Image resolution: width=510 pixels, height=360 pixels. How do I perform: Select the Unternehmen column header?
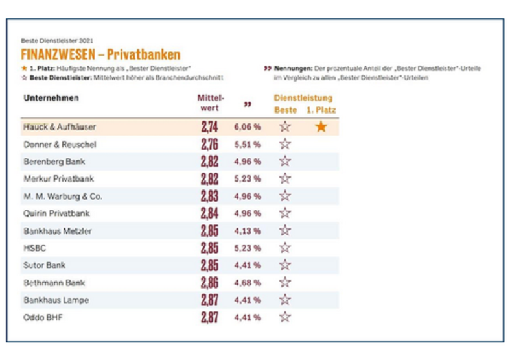tap(51, 99)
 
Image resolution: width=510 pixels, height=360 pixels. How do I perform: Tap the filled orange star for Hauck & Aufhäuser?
tap(321, 126)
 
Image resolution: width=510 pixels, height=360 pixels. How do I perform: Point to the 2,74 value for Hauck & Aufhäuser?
tap(210, 126)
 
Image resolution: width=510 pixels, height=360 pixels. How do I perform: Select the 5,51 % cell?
tap(247, 144)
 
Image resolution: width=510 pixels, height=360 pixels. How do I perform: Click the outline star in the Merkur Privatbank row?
tap(285, 178)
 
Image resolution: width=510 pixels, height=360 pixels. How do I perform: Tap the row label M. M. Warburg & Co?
tap(62, 196)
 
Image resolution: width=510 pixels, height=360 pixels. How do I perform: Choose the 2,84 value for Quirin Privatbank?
tap(210, 213)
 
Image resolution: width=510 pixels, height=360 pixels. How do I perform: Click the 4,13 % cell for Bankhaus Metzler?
tap(247, 230)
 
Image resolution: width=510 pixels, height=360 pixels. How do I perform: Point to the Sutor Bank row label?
tap(44, 265)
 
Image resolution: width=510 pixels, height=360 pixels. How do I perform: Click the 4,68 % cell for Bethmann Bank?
tap(247, 282)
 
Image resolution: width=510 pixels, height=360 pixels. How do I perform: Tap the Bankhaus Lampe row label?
tap(56, 300)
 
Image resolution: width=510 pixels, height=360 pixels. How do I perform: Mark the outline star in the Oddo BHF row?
tap(285, 317)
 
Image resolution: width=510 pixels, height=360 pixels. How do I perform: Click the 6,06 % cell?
tap(247, 126)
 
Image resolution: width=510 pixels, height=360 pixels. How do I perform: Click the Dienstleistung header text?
tap(303, 98)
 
